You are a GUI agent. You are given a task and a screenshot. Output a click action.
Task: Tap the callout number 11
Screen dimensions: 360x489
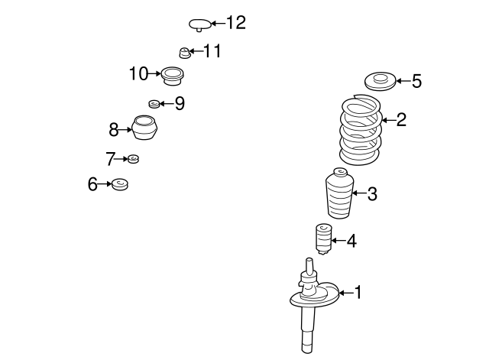(212, 51)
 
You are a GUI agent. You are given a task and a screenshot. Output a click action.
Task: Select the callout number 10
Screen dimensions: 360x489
(138, 74)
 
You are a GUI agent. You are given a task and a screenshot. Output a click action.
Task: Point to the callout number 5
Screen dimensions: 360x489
(416, 81)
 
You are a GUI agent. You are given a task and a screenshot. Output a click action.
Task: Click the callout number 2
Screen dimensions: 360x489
(401, 119)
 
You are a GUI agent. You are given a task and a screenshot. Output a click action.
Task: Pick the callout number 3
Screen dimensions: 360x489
(372, 194)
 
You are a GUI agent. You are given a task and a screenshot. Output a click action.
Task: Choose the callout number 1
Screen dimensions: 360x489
(358, 292)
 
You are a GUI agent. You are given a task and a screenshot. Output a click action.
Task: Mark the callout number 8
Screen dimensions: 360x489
(114, 129)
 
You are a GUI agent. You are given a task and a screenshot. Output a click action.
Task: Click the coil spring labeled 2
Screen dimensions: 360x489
(360, 130)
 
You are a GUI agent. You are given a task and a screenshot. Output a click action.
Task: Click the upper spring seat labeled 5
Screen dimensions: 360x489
(381, 80)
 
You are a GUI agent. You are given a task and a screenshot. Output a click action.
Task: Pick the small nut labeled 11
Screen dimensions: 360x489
(183, 52)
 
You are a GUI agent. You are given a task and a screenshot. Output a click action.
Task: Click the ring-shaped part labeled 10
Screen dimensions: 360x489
(171, 75)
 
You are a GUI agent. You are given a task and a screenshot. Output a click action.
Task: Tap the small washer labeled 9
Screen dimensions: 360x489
(154, 103)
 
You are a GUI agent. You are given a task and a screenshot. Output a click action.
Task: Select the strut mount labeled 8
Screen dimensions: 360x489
(145, 128)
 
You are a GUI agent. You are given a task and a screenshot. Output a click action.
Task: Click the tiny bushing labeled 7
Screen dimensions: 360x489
(133, 159)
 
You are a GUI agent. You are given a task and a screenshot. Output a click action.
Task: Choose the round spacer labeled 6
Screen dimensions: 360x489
(119, 184)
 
